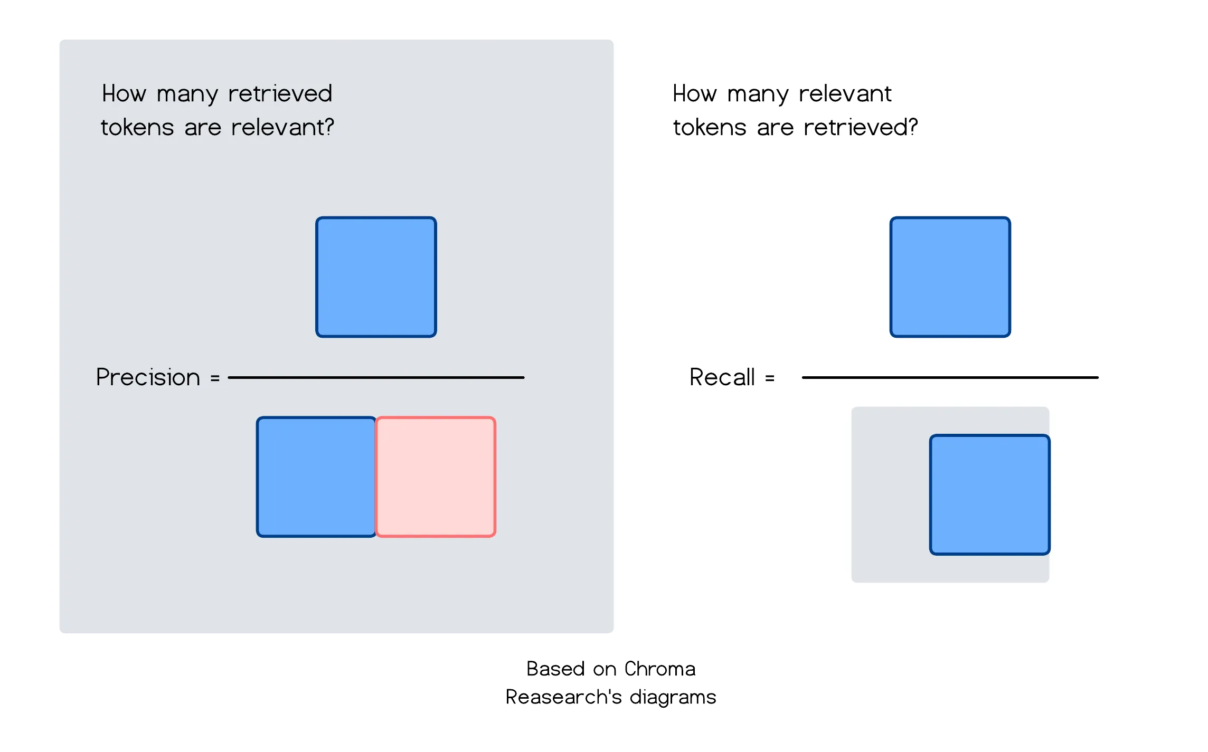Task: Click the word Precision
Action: [x=148, y=377]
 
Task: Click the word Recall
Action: [x=722, y=377]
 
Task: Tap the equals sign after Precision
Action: [x=215, y=378]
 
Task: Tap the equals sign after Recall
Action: [x=770, y=378]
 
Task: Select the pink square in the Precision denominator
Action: [x=436, y=477]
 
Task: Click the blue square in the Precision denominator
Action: [x=316, y=477]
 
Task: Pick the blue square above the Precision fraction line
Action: [x=376, y=277]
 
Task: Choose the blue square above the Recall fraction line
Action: [x=950, y=277]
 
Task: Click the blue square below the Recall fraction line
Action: [x=989, y=494]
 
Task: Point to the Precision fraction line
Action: [x=376, y=378]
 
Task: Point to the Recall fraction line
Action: [x=950, y=378]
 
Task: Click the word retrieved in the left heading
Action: [x=280, y=94]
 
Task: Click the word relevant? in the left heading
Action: [x=282, y=128]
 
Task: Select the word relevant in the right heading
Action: [x=845, y=94]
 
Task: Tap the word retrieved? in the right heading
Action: [x=861, y=128]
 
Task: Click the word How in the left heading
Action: [x=124, y=94]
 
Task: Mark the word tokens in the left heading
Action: [x=137, y=128]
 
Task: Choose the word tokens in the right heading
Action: [x=710, y=128]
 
